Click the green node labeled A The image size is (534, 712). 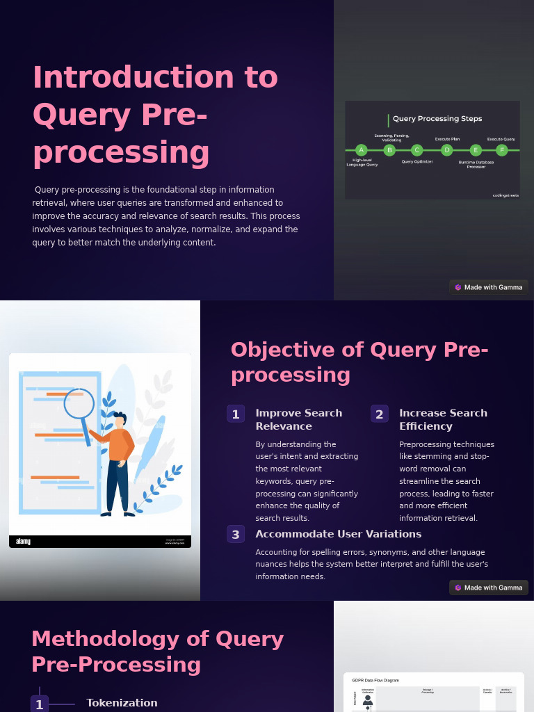point(361,150)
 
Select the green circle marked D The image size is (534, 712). point(447,150)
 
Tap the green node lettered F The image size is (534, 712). point(501,150)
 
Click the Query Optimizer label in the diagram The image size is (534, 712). point(417,161)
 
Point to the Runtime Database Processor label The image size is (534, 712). point(476,164)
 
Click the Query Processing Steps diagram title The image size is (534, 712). point(437,119)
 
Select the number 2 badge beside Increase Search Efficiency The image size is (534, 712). point(379,414)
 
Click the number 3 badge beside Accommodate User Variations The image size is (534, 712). point(236,534)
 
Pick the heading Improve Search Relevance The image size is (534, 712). point(298,419)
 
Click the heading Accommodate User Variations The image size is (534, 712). point(338,534)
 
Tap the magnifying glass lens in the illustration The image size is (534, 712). point(79,404)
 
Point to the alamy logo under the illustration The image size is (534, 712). point(24,542)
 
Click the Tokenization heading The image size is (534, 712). point(122,703)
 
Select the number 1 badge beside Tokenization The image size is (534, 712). point(39,704)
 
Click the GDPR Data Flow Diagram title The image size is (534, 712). point(375,680)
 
